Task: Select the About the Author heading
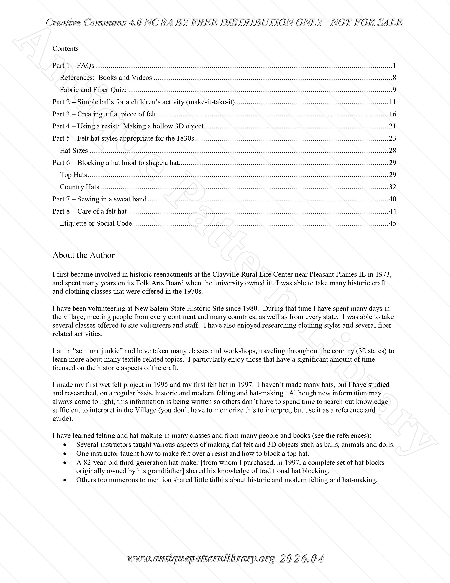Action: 83,255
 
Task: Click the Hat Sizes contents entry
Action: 74,151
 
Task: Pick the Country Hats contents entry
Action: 79,187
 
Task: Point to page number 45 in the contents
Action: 392,223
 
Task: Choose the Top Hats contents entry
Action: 73,175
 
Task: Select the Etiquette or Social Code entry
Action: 96,223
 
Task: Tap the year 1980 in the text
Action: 250,309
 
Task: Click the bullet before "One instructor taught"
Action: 65,454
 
